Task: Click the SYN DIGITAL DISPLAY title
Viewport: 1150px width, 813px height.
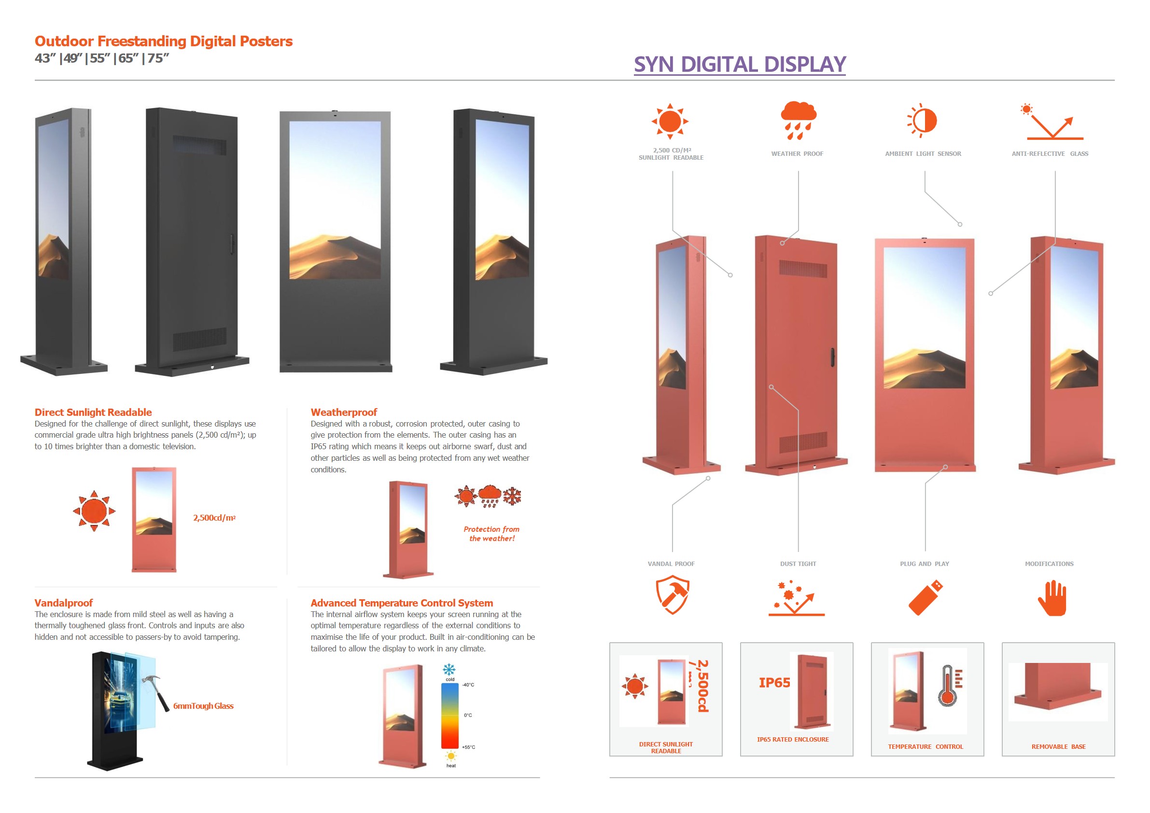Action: pyautogui.click(x=739, y=65)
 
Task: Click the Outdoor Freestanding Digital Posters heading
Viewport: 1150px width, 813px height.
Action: pyautogui.click(x=163, y=41)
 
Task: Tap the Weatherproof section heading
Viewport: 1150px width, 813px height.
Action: pyautogui.click(x=344, y=412)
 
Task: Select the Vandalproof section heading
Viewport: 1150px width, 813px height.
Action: pyautogui.click(x=64, y=603)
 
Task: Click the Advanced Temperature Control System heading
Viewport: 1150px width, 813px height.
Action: pyautogui.click(x=402, y=603)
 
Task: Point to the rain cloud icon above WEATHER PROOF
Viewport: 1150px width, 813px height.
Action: pyautogui.click(x=798, y=120)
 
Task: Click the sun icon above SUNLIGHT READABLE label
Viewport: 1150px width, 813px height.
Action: pyautogui.click(x=670, y=121)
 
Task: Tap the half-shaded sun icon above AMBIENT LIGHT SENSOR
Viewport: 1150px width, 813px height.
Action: pyautogui.click(x=923, y=120)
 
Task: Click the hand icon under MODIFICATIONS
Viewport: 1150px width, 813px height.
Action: pyautogui.click(x=1052, y=598)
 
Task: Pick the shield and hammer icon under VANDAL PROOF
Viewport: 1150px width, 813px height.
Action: pyautogui.click(x=672, y=595)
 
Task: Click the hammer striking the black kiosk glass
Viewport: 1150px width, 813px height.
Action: pyautogui.click(x=155, y=689)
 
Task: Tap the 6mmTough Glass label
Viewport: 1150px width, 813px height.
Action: pyautogui.click(x=203, y=706)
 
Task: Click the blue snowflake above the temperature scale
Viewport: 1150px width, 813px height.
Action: pyautogui.click(x=449, y=669)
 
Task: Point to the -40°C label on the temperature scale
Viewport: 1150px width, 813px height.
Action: pyautogui.click(x=468, y=685)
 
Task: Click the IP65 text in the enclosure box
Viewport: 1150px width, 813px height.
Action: pyautogui.click(x=774, y=683)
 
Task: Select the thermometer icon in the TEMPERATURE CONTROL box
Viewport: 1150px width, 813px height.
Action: pyautogui.click(x=948, y=686)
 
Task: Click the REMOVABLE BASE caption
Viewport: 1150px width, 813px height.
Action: pyautogui.click(x=1058, y=746)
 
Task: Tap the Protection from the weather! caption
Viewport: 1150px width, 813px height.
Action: pyautogui.click(x=491, y=534)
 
